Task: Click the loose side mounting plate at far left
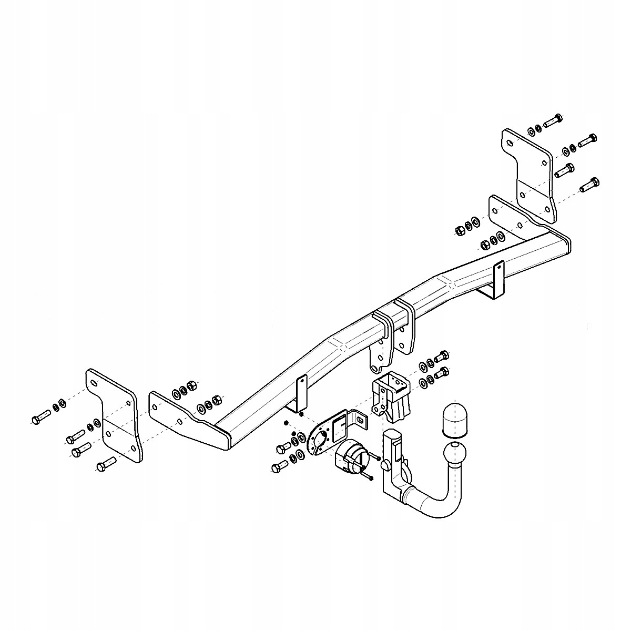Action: click(x=114, y=415)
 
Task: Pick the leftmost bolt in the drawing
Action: click(x=40, y=418)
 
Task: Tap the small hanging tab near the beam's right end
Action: click(x=497, y=279)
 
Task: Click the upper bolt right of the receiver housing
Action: click(x=442, y=355)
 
